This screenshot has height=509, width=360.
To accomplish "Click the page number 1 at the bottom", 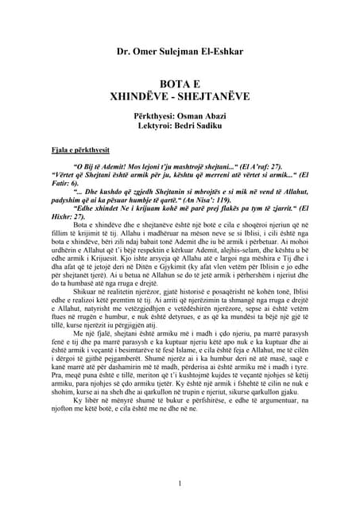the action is [x=180, y=483].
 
